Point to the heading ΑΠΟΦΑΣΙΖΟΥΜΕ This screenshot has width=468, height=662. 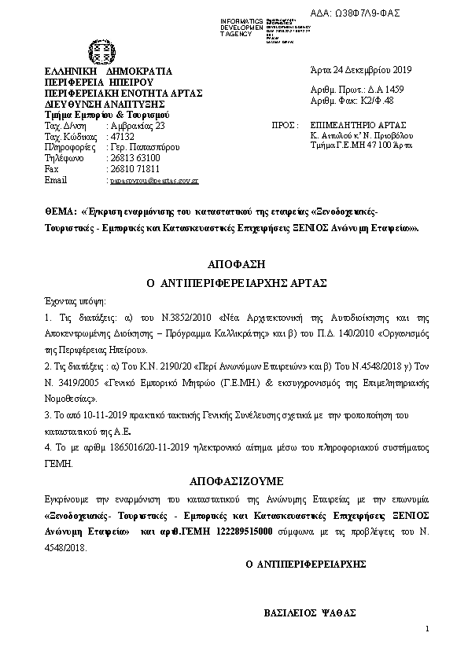(x=234, y=480)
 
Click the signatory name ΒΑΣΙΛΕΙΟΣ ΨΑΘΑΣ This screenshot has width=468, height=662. (x=310, y=612)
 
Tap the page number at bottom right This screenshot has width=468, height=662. (x=426, y=628)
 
